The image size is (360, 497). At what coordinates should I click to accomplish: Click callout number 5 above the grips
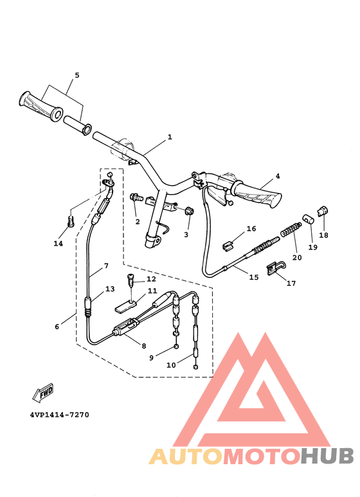[x=76, y=75]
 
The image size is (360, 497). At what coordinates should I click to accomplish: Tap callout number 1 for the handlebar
[x=170, y=137]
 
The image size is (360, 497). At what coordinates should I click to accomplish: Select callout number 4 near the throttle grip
[x=278, y=176]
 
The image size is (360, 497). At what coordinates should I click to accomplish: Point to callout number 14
[x=59, y=243]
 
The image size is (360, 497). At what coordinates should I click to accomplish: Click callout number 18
[x=323, y=235]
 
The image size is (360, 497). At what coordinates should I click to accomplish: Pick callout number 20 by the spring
[x=296, y=257]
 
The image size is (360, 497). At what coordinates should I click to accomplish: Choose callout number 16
[x=251, y=228]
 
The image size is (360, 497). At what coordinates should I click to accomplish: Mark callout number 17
[x=291, y=283]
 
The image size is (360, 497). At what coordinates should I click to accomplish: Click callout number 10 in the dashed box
[x=170, y=365]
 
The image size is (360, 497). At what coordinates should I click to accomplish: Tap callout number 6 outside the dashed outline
[x=57, y=327]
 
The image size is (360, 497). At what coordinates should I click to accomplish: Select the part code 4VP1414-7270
[x=59, y=415]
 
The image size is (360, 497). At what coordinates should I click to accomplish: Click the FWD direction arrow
[x=42, y=393]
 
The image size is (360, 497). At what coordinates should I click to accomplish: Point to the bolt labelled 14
[x=71, y=221]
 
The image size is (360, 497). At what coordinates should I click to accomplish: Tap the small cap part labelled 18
[x=323, y=210]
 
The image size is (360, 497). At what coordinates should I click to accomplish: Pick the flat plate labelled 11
[x=129, y=307]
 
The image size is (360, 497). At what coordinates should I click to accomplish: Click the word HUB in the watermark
[x=327, y=456]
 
